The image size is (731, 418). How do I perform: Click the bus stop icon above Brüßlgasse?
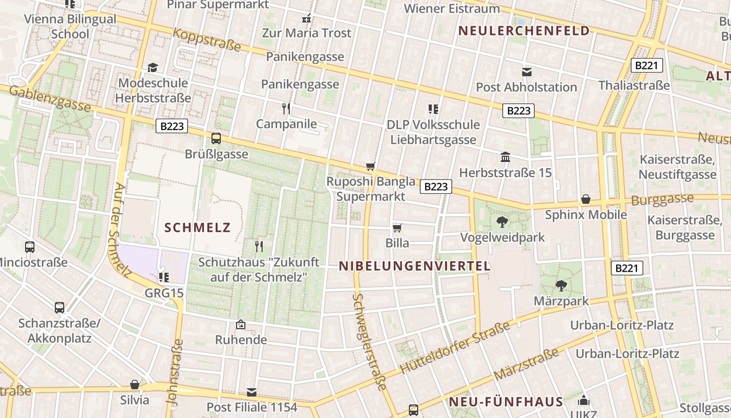click(x=216, y=138)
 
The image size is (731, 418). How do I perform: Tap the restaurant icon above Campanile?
click(x=286, y=109)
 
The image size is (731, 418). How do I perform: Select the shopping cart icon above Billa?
click(x=397, y=228)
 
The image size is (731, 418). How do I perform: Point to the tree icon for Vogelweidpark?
click(x=502, y=222)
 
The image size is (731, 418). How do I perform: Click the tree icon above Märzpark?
click(x=561, y=286)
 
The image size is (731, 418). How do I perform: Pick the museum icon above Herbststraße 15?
click(x=505, y=157)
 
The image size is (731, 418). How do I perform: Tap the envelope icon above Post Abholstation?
click(x=526, y=72)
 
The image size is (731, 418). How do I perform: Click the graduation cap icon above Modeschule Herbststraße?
click(x=152, y=68)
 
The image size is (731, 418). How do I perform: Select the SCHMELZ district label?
click(x=197, y=227)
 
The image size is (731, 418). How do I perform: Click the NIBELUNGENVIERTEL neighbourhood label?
click(x=415, y=266)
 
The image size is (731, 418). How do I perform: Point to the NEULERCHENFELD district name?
click(x=524, y=31)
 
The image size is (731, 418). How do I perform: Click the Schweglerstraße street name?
click(x=369, y=342)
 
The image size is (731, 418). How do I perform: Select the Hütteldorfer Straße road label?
click(x=454, y=348)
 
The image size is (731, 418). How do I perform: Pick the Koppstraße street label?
click(x=207, y=40)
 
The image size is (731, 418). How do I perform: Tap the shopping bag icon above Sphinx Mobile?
click(x=586, y=200)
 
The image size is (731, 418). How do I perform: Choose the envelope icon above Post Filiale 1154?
click(x=252, y=392)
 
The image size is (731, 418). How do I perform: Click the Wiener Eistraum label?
click(x=452, y=8)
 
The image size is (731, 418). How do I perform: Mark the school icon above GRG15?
click(x=163, y=277)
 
